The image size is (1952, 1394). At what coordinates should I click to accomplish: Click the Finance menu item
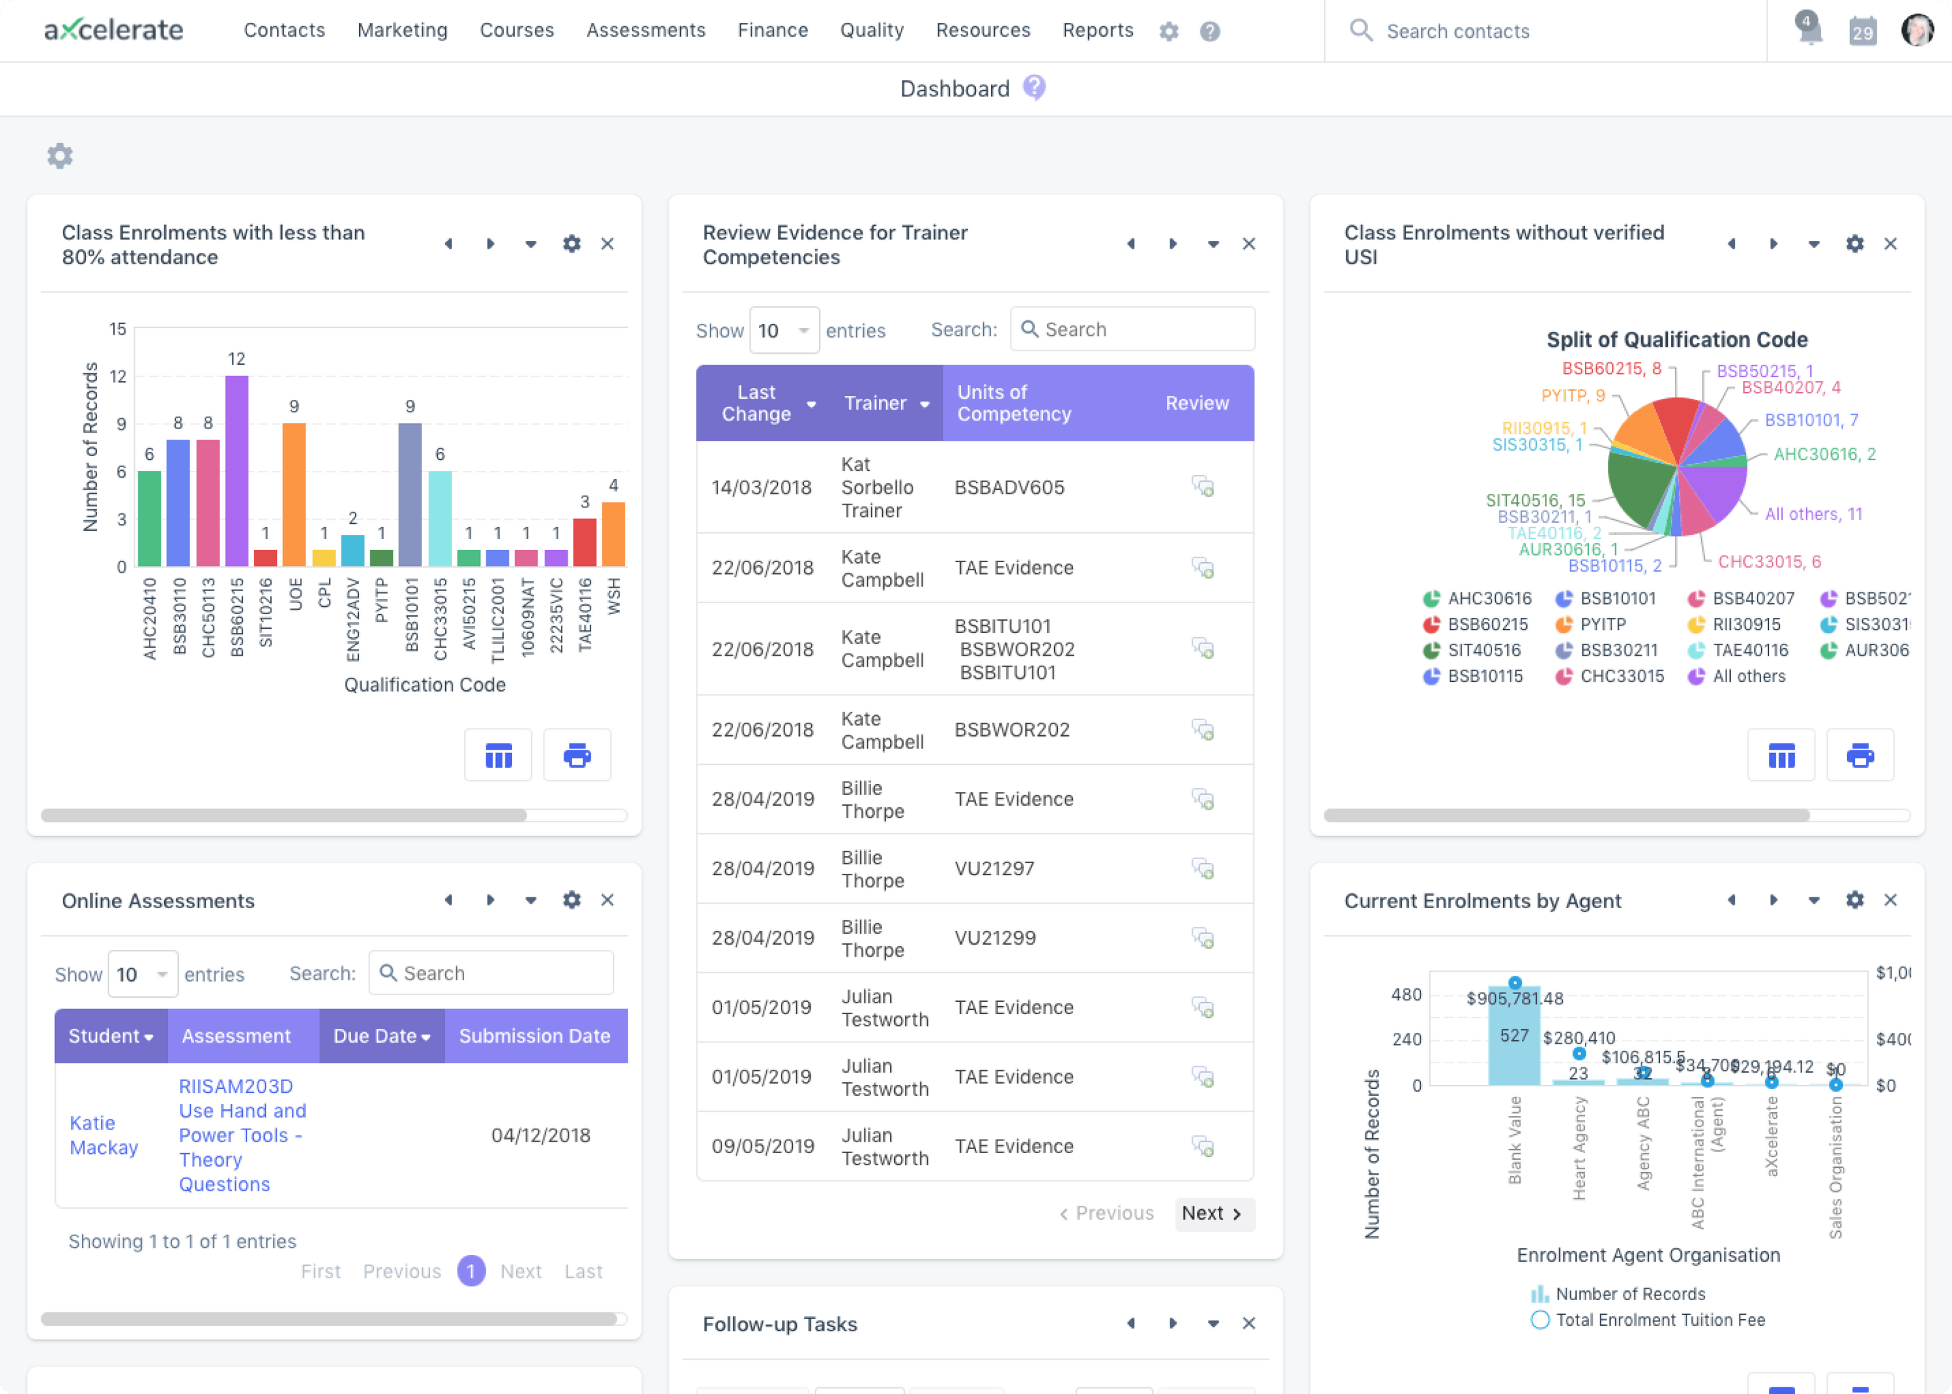click(x=772, y=31)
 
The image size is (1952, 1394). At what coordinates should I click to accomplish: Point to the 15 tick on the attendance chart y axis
click(x=118, y=329)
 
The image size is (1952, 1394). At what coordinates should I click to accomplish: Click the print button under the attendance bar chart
click(x=577, y=756)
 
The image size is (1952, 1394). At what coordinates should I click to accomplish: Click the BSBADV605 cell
click(x=1010, y=488)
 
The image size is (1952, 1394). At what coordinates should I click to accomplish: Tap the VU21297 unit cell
click(x=994, y=869)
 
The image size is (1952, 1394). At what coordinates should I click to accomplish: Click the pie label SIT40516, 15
click(x=1536, y=501)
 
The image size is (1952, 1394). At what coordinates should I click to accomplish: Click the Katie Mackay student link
click(x=104, y=1135)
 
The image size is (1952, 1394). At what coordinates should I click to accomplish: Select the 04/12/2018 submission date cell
click(x=541, y=1135)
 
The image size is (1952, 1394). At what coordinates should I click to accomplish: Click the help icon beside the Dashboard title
click(x=1035, y=88)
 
